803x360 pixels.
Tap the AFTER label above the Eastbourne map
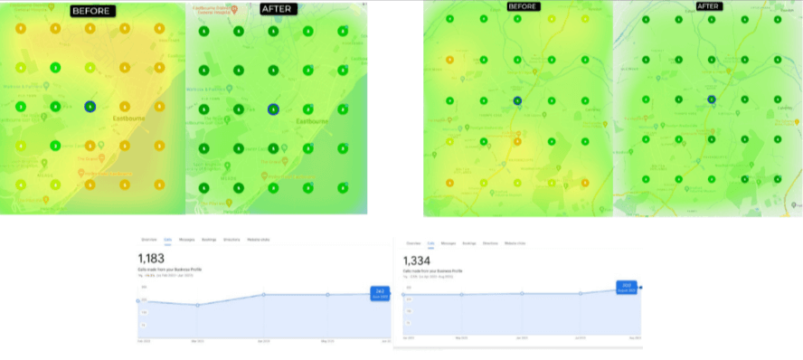coord(275,9)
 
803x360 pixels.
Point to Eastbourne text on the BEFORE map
coord(128,118)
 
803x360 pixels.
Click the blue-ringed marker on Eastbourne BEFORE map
coord(90,107)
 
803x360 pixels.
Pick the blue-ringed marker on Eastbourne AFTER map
coord(273,109)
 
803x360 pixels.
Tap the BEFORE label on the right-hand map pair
coord(524,7)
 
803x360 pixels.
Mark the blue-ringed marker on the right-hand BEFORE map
coord(516,100)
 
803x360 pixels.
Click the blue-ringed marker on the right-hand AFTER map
coord(712,99)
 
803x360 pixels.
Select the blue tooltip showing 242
coord(380,292)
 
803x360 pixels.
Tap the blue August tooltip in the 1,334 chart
coord(626,286)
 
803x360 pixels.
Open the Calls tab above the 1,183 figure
coord(168,240)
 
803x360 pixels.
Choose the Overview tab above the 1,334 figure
coord(413,243)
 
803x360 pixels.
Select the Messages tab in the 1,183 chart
coord(187,240)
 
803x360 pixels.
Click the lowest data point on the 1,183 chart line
coord(198,305)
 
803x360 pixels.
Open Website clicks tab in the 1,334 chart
coord(515,243)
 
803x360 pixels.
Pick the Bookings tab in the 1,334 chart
coord(469,243)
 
